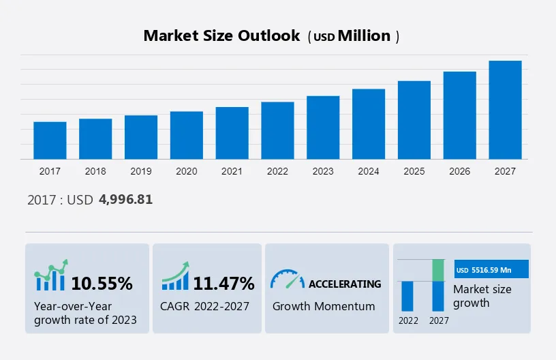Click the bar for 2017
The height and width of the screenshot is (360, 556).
pos(50,140)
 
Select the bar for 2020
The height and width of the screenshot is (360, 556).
pos(186,135)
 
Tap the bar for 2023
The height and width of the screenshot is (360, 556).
pos(323,127)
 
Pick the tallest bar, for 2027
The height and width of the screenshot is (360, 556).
pos(505,110)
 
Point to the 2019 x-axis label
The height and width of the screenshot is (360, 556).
pos(141,171)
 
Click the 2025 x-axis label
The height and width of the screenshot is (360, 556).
pos(414,171)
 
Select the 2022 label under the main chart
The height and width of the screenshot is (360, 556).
pos(277,171)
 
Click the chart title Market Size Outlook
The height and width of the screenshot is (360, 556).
pos(221,36)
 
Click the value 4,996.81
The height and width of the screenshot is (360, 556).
pos(125,199)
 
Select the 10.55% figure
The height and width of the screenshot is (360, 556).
pos(102,283)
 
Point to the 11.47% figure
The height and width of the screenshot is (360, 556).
pos(223,283)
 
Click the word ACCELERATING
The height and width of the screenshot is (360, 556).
pos(345,284)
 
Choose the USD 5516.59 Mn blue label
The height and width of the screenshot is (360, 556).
pos(491,270)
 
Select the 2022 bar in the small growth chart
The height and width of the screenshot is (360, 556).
pos(408,296)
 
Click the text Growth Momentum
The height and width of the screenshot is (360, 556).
pos(324,306)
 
